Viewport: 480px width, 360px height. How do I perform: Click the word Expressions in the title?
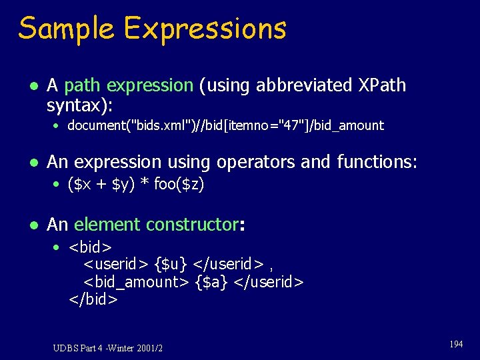pyautogui.click(x=205, y=29)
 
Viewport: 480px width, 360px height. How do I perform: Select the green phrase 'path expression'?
pyautogui.click(x=129, y=85)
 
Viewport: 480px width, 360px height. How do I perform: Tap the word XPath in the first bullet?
pyautogui.click(x=381, y=85)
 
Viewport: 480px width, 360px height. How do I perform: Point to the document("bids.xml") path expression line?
pyautogui.click(x=225, y=125)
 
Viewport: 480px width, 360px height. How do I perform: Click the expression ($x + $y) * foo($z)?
pyautogui.click(x=135, y=185)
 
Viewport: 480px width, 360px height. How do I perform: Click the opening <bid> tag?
pyautogui.click(x=90, y=248)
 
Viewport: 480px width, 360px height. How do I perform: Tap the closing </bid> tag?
pyautogui.click(x=93, y=299)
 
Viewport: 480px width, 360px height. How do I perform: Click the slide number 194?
pyautogui.click(x=456, y=344)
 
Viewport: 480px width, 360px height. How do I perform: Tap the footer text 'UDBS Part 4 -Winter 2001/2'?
pyautogui.click(x=108, y=347)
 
